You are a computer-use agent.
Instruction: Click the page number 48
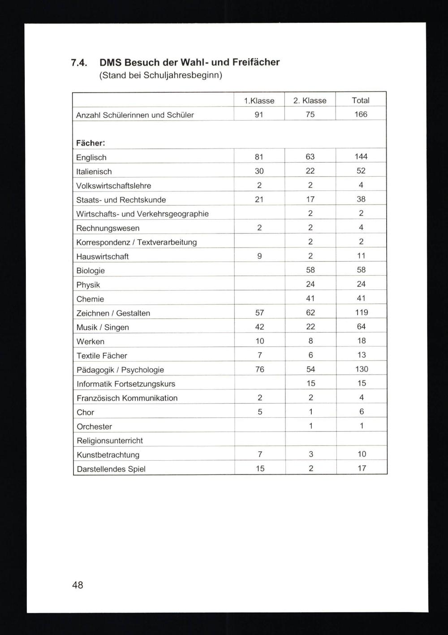(x=77, y=585)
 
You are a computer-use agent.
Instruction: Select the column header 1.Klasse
(x=259, y=101)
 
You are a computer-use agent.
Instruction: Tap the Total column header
(x=361, y=100)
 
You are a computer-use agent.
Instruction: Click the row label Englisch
(x=91, y=157)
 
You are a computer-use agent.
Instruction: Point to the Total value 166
(x=361, y=114)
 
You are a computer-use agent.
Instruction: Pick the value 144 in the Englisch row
(x=361, y=156)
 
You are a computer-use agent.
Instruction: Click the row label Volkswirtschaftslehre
(x=114, y=186)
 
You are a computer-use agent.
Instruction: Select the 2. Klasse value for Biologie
(x=310, y=270)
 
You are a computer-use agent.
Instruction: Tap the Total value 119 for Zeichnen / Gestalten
(x=361, y=312)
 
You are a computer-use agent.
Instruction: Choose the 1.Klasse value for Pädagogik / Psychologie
(x=260, y=369)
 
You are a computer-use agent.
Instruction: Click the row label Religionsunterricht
(x=110, y=441)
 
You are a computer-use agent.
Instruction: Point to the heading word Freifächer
(x=256, y=62)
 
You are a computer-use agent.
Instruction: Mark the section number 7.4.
(x=79, y=63)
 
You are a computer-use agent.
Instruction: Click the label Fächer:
(x=90, y=143)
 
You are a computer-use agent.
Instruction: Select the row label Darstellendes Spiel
(x=111, y=469)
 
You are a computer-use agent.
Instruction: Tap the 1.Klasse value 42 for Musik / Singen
(x=260, y=327)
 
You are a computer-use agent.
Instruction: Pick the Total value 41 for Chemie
(x=361, y=298)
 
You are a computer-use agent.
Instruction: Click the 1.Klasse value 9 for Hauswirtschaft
(x=259, y=256)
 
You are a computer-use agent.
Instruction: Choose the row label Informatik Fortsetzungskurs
(x=126, y=384)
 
